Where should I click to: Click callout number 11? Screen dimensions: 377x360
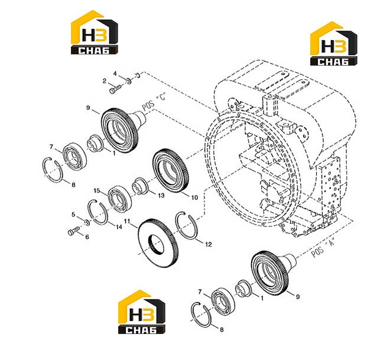(127, 221)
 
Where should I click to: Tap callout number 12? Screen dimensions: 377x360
(209, 244)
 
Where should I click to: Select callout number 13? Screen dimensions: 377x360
(161, 195)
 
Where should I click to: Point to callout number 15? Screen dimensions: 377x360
(97, 191)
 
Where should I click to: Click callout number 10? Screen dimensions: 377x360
(194, 197)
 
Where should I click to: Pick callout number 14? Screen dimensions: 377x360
(119, 227)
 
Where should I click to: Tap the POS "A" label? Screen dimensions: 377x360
(323, 247)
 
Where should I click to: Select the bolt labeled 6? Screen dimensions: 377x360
(74, 231)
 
